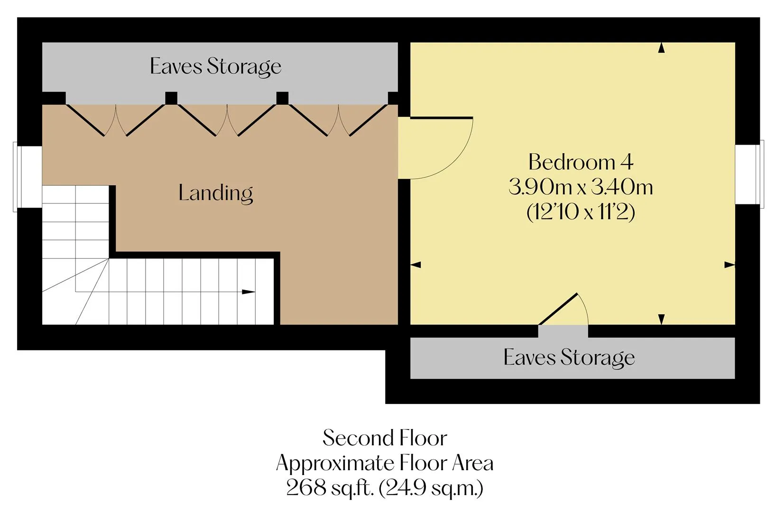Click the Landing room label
pyautogui.click(x=215, y=193)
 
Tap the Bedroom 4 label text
pyautogui.click(x=581, y=162)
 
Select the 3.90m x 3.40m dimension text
pyautogui.click(x=581, y=187)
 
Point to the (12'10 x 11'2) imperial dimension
pyautogui.click(x=581, y=212)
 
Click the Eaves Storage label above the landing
pyautogui.click(x=215, y=67)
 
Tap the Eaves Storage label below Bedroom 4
pyautogui.click(x=569, y=357)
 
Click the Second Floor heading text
pyautogui.click(x=385, y=438)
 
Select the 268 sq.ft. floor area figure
pyautogui.click(x=330, y=488)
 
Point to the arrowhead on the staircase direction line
pyautogui.click(x=248, y=292)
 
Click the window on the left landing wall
pyautogui.click(x=28, y=176)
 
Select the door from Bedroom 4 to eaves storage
pyautogui.click(x=564, y=309)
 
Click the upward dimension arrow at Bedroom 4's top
pyautogui.click(x=661, y=48)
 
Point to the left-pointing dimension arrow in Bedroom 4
pyautogui.click(x=416, y=265)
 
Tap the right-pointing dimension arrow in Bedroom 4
pyautogui.click(x=730, y=265)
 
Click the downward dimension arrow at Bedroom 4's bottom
pyautogui.click(x=661, y=319)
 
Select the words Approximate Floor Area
pyautogui.click(x=385, y=463)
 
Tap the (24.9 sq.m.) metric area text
pyautogui.click(x=431, y=488)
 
